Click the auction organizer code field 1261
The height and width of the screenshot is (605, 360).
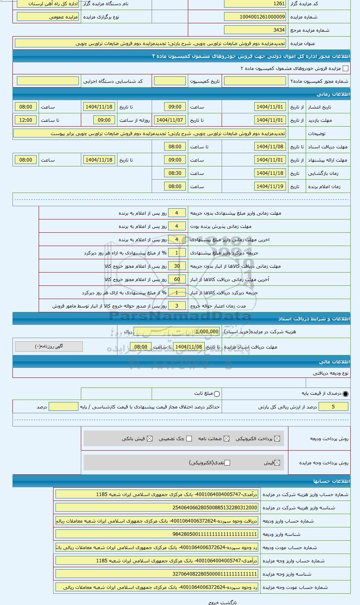[x=255, y=4]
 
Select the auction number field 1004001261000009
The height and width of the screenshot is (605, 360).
[x=255, y=17]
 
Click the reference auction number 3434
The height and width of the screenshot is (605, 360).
[x=255, y=30]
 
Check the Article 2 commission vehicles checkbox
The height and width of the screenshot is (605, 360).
[x=345, y=69]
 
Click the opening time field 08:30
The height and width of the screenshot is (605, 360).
[x=175, y=173]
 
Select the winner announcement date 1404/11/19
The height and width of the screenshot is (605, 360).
[x=270, y=187]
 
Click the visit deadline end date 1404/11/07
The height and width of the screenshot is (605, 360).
[x=169, y=120]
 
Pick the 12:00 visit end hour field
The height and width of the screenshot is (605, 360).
[x=26, y=120]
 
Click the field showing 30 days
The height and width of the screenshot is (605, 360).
[x=177, y=266]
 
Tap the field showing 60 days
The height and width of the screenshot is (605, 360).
[x=177, y=279]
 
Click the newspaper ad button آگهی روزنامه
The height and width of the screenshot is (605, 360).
[x=49, y=347]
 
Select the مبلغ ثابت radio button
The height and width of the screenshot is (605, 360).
[x=217, y=394]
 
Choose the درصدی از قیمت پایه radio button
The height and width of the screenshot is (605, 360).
[x=346, y=394]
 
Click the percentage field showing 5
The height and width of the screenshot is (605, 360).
[x=333, y=407]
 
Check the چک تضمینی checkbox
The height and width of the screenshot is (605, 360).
[x=189, y=439]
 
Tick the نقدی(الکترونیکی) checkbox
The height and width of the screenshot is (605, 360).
[x=227, y=463]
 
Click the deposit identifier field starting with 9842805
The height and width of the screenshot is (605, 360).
[x=157, y=534]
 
